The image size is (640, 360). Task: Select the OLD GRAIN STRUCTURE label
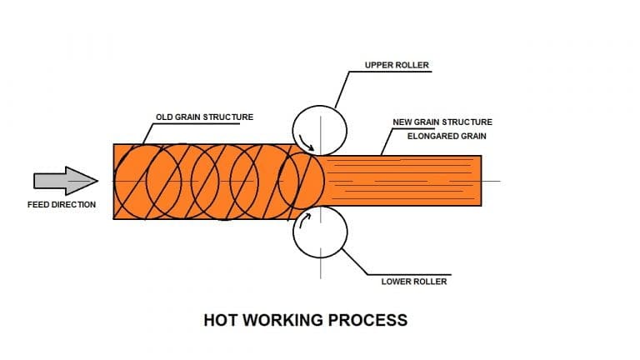pos(204,117)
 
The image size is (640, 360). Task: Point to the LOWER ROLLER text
pos(414,281)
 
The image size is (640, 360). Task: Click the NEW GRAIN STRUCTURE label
pos(442,122)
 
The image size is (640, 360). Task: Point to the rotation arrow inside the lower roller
pos(305,220)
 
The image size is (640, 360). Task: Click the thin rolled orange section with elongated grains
pos(400,181)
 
